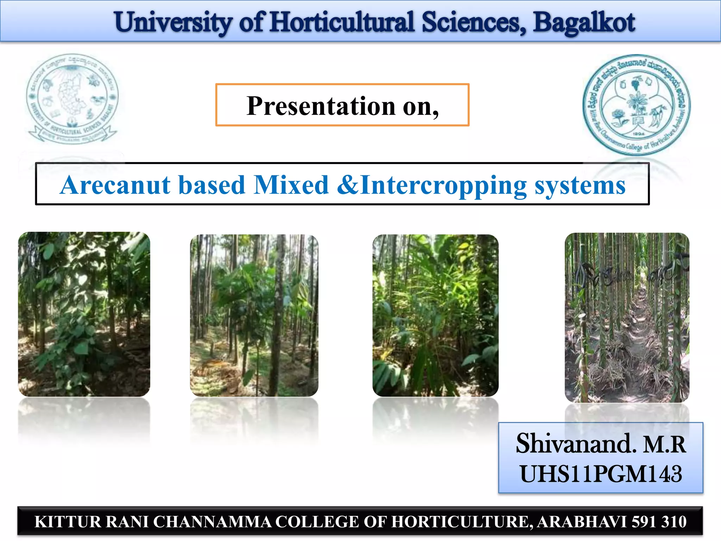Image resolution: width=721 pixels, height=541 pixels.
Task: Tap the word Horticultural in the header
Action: [342, 23]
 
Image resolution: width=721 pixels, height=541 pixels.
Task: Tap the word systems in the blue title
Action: [580, 185]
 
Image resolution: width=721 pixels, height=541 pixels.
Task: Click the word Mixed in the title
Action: [291, 185]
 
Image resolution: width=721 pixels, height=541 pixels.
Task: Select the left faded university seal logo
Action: [73, 99]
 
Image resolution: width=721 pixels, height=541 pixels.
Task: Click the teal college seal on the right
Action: [637, 105]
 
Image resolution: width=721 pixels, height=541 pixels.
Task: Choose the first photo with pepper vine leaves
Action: [84, 314]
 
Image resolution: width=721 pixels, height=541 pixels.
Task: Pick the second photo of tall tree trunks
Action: [254, 315]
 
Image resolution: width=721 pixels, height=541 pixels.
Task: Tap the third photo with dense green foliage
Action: [435, 315]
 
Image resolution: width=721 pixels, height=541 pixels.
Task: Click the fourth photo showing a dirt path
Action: [627, 317]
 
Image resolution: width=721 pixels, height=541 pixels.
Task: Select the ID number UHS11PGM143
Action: [601, 474]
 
